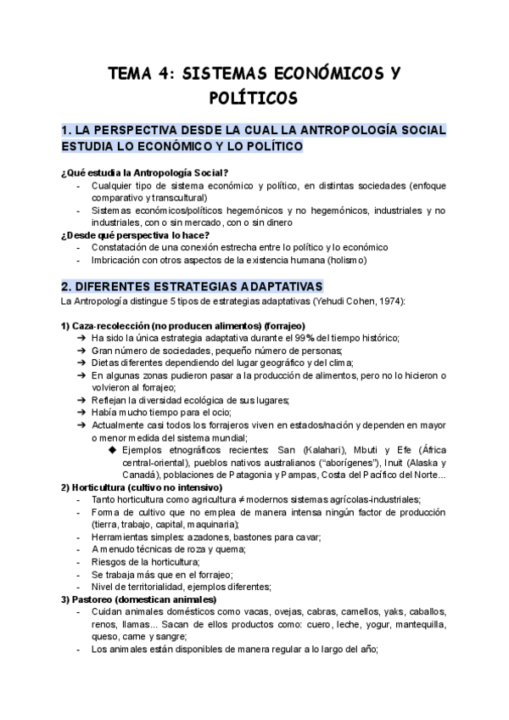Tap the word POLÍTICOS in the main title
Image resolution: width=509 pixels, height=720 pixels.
click(x=254, y=98)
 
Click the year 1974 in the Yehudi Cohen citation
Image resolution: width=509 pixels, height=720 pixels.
click(x=389, y=301)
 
